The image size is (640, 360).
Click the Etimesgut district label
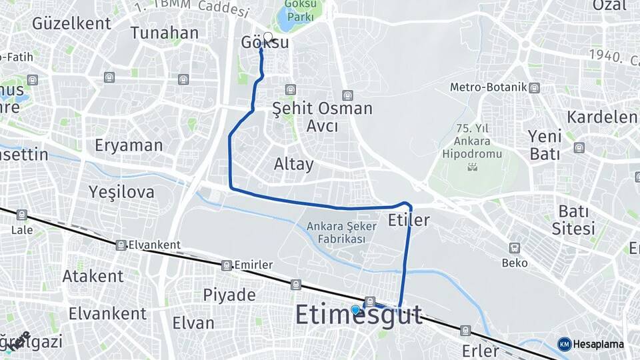(359, 315)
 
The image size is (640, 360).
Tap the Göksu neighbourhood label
(265, 43)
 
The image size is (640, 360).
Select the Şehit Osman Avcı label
(323, 117)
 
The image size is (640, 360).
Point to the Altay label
(293, 164)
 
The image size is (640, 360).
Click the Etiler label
(408, 219)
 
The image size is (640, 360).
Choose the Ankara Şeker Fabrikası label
(341, 232)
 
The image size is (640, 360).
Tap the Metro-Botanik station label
(488, 87)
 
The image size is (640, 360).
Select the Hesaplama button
(591, 344)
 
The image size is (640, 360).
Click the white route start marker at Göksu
(268, 37)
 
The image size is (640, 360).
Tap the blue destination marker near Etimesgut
(355, 309)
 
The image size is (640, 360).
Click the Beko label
(515, 263)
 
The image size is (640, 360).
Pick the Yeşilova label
(121, 193)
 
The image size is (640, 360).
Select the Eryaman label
(129, 145)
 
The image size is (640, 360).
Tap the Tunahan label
(164, 33)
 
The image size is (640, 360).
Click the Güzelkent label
(71, 23)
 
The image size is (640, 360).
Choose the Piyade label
(229, 295)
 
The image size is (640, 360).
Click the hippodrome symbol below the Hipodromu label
(473, 166)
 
